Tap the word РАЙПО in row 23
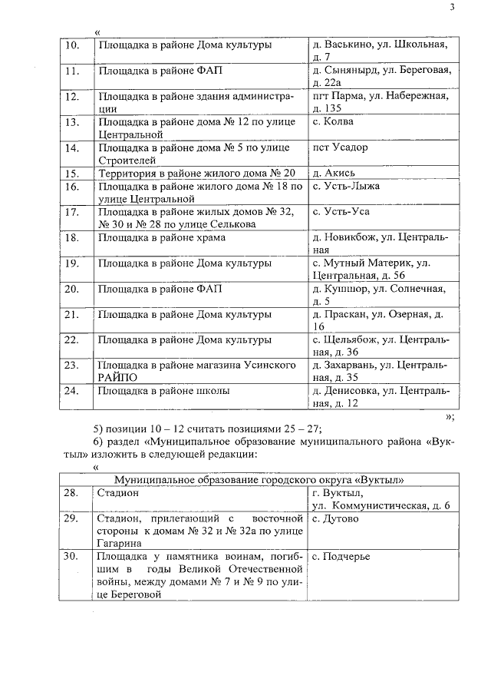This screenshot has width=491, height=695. pos(117,377)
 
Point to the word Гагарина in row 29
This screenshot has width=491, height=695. pos(120,542)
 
